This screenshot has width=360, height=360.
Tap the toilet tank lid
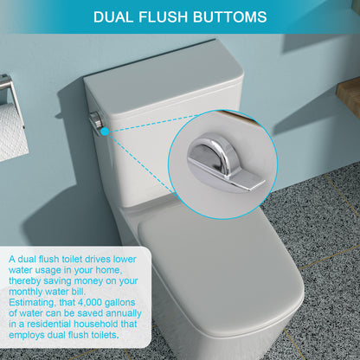pos(164,82)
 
